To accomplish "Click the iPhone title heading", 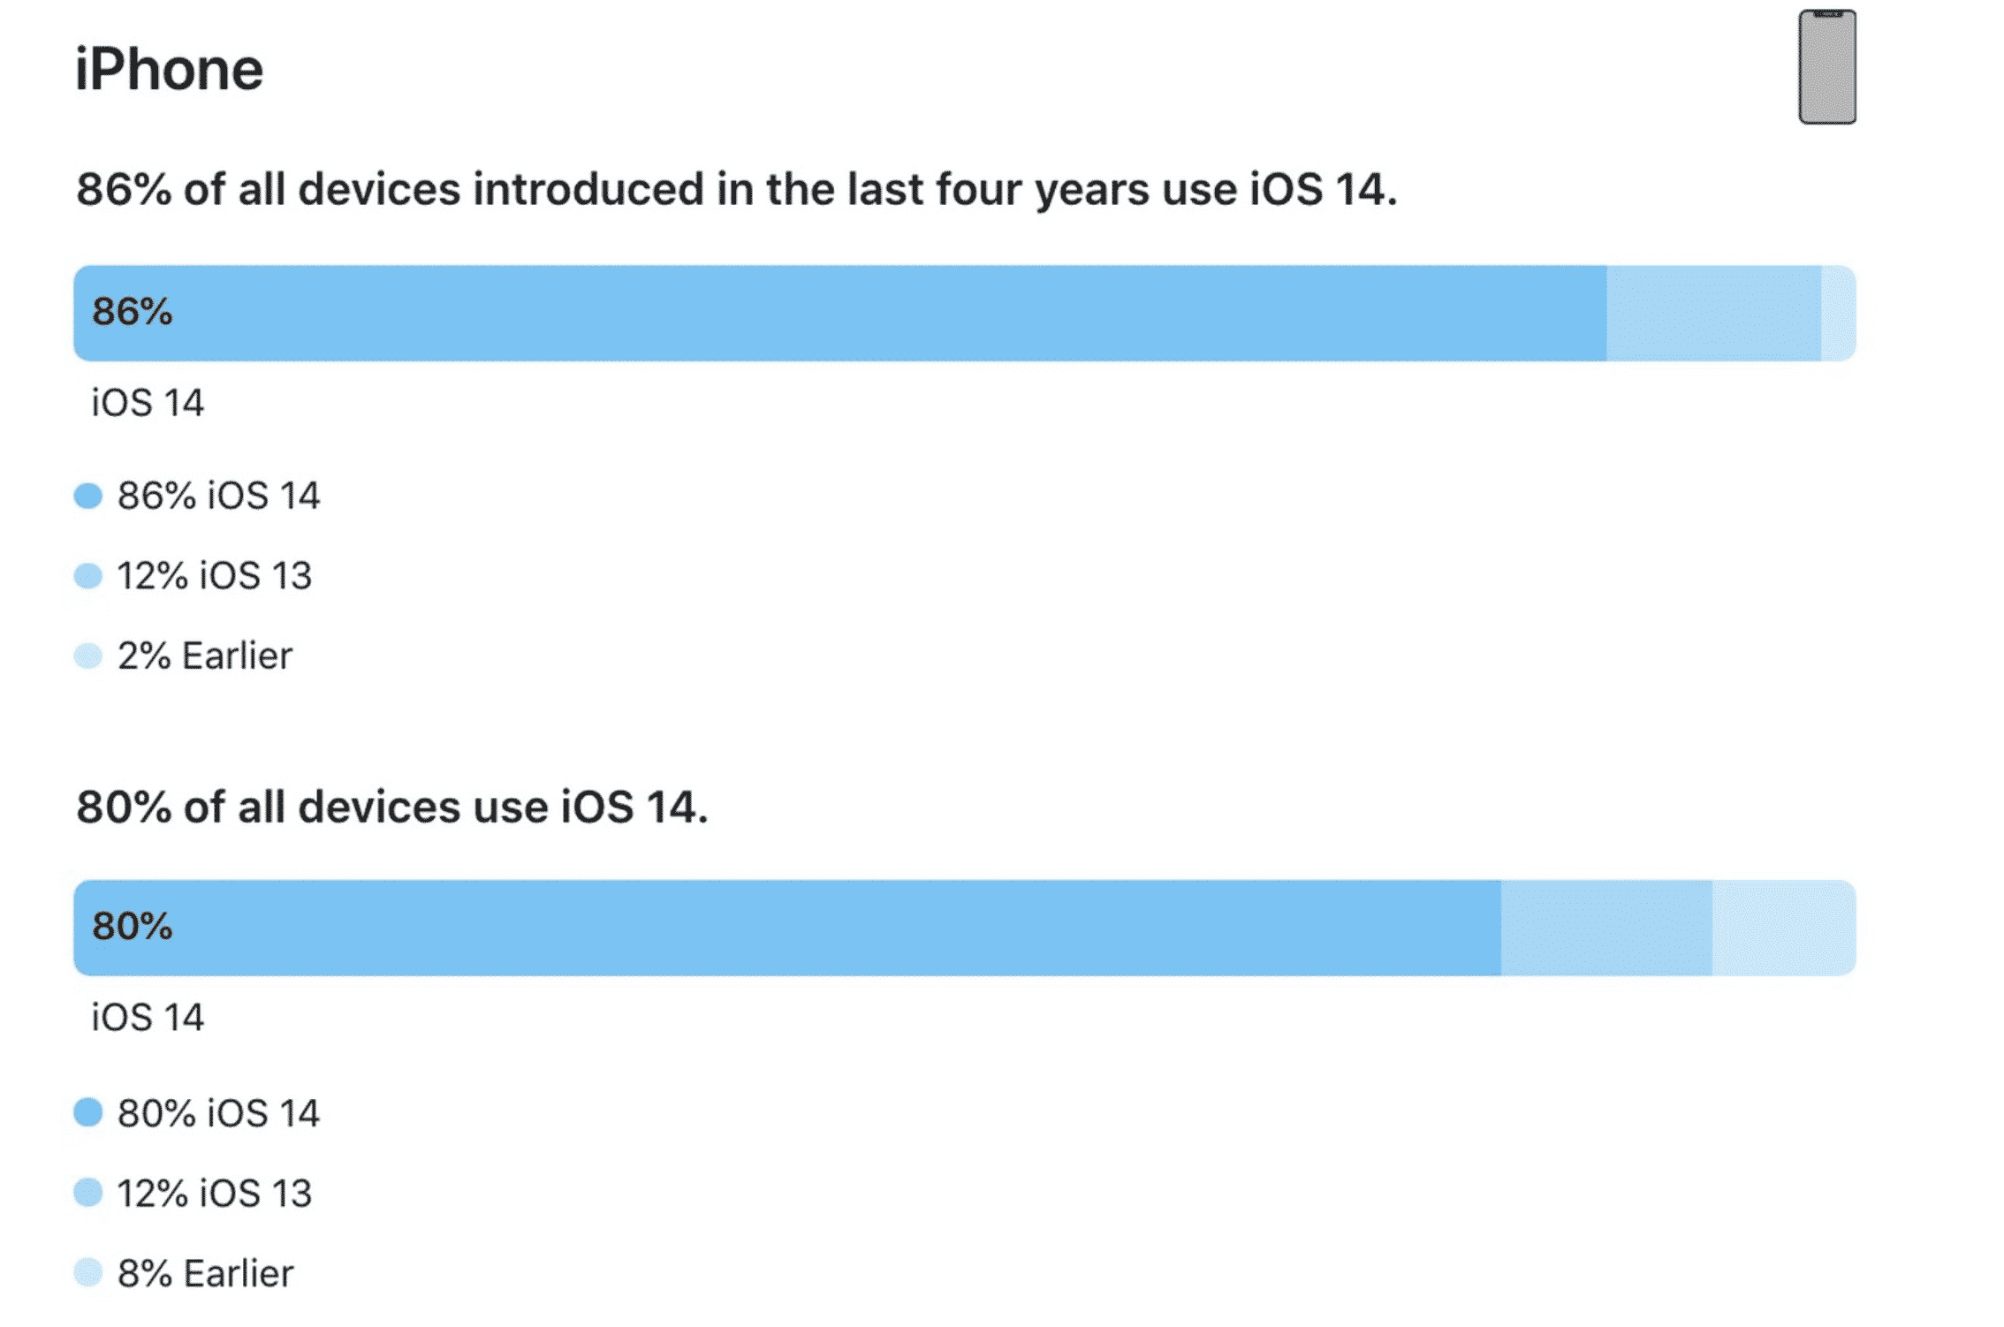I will [169, 70].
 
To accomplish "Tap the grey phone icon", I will [1826, 67].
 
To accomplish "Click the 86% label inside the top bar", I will [133, 312].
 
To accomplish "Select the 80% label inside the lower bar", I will [133, 927].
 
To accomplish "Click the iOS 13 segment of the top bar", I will [1713, 314].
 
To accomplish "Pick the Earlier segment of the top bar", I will [1838, 314].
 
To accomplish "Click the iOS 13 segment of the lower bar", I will [1605, 928].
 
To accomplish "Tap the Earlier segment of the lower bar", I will [1783, 928].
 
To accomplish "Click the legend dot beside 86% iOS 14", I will [88, 496].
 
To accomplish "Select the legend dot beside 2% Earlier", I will [88, 656].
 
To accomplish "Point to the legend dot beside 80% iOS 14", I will [88, 1112].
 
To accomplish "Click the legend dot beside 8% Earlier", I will [88, 1272].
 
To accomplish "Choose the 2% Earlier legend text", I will [205, 656].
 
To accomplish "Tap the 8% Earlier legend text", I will [205, 1273].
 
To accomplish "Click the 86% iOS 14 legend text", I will [218, 496].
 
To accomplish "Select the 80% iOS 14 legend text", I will [218, 1113].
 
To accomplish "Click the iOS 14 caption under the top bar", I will [148, 403].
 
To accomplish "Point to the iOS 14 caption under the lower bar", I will [148, 1018].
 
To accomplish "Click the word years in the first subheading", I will [1092, 191].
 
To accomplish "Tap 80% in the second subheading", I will [124, 808].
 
